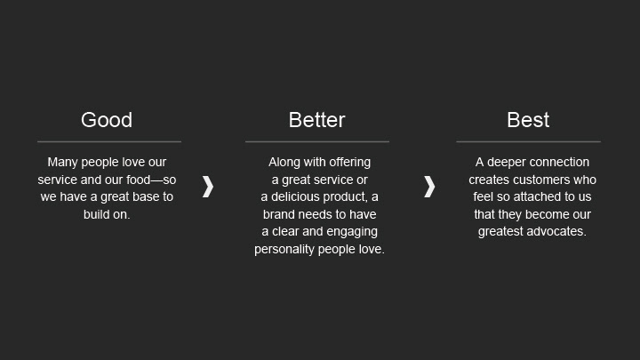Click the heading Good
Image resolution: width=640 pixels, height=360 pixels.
pyautogui.click(x=107, y=120)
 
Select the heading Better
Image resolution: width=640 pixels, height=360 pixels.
pyautogui.click(x=316, y=120)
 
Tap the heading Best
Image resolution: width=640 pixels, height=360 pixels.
pyautogui.click(x=528, y=120)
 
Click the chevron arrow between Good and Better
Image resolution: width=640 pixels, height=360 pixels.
pyautogui.click(x=208, y=187)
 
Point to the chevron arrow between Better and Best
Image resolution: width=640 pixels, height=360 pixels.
pyautogui.click(x=429, y=187)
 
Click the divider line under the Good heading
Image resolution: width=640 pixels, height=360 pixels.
pyautogui.click(x=109, y=141)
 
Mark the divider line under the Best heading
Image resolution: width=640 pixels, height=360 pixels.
pyautogui.click(x=529, y=141)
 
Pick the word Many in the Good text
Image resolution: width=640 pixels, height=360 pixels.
pyautogui.click(x=62, y=163)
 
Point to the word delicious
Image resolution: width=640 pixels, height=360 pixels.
pyautogui.click(x=296, y=196)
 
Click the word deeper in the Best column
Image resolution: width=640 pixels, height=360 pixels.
pyautogui.click(x=506, y=162)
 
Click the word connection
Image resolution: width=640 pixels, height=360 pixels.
pyautogui.click(x=559, y=162)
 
